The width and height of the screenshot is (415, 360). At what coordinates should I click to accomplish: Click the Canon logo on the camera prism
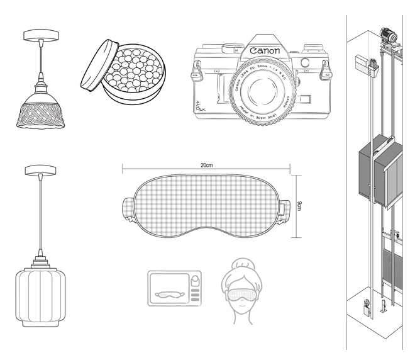(266, 50)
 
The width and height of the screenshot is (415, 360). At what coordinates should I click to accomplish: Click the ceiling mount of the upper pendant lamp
(40, 36)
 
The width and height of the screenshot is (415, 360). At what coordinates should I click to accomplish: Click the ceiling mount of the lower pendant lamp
(40, 170)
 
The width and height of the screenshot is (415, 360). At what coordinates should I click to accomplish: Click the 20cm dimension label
(206, 164)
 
